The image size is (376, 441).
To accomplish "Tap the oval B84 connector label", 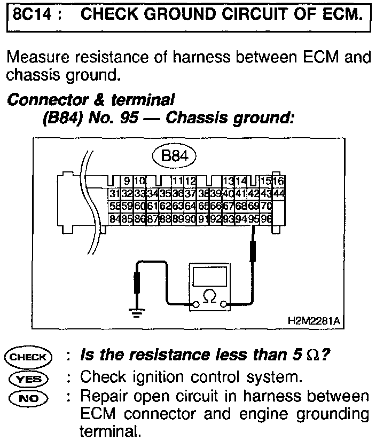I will pos(175,156).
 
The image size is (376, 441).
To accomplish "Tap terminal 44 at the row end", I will pos(278,193).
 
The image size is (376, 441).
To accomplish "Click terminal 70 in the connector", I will pos(266,205).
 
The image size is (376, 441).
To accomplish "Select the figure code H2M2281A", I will pos(314,321).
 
